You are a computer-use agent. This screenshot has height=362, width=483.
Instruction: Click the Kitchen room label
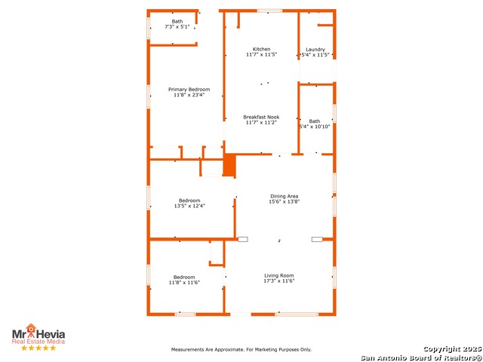[x=261, y=49]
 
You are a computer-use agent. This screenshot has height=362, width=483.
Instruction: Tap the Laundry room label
[x=315, y=49]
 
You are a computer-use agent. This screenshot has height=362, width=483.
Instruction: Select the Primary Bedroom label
[x=189, y=89]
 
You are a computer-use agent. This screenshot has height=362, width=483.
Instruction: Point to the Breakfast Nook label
[x=261, y=117]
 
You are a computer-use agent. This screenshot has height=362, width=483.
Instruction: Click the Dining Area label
[x=284, y=196]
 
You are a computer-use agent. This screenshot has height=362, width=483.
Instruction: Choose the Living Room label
[x=279, y=275]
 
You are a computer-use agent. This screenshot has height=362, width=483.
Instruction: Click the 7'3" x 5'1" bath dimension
[x=177, y=27]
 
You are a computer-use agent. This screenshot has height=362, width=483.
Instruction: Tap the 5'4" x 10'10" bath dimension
[x=315, y=127]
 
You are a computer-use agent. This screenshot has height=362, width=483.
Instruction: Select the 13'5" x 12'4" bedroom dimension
[x=189, y=206]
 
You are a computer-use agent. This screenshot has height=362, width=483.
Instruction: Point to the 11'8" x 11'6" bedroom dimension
[x=184, y=282]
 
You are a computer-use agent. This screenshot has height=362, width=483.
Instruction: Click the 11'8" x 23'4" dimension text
[x=189, y=95]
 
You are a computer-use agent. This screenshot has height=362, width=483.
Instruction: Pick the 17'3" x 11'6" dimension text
[x=279, y=281]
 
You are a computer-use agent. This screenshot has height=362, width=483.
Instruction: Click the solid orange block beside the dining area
[x=229, y=165]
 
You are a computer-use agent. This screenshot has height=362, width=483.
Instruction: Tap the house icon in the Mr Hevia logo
[x=31, y=328]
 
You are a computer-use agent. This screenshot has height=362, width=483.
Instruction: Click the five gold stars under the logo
[x=38, y=348]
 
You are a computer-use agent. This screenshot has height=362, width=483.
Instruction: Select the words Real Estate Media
[x=38, y=342]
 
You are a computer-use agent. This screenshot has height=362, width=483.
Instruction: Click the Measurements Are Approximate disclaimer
[x=241, y=349]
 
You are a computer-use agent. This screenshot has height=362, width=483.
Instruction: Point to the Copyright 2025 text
[x=452, y=349]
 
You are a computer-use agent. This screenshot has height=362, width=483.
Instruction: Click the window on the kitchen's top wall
[x=269, y=11]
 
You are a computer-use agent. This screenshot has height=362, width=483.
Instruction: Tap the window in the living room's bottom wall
[x=297, y=314]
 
